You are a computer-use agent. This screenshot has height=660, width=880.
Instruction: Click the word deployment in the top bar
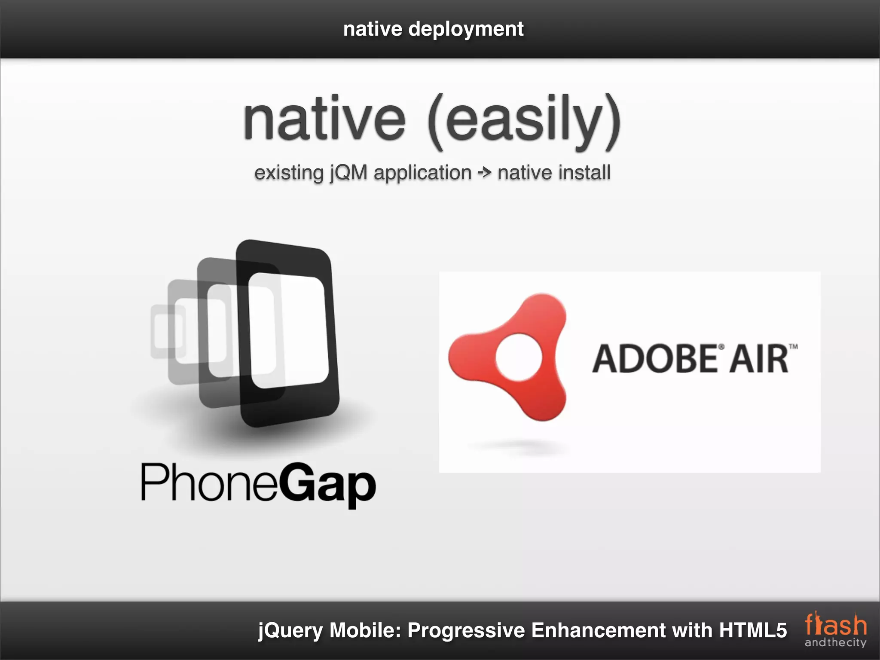466,30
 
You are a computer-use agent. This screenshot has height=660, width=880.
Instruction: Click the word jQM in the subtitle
348,173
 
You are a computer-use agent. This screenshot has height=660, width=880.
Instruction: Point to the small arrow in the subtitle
485,173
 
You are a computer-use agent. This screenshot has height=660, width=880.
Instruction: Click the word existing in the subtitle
289,173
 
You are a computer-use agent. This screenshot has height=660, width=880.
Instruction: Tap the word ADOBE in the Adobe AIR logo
654,359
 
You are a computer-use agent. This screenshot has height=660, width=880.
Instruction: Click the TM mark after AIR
793,346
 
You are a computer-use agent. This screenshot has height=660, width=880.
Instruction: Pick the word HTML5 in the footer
753,630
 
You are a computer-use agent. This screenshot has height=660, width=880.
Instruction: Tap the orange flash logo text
836,625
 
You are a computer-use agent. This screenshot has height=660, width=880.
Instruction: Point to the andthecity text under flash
835,642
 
